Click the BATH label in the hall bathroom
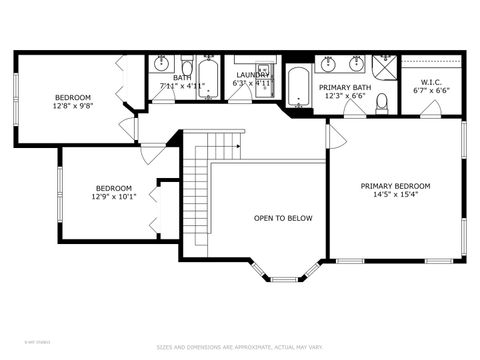click(182, 77)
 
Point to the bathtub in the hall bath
click(208, 75)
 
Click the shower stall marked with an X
click(384, 66)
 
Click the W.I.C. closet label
click(431, 82)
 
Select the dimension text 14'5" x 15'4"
click(395, 195)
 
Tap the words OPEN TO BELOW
click(283, 217)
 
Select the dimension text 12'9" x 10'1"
click(113, 196)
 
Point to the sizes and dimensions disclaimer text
click(240, 347)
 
